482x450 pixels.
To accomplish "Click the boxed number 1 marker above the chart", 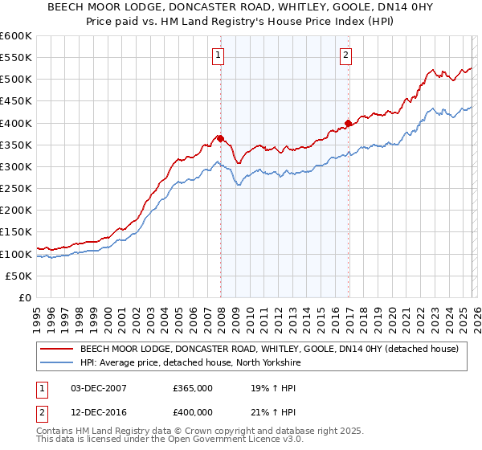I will (x=219, y=55).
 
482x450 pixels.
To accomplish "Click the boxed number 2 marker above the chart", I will (x=345, y=55).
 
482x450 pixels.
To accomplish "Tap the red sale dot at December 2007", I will (x=220, y=138).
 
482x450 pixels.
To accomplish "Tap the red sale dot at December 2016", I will (x=348, y=123).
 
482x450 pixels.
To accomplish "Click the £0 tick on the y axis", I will (x=26, y=298).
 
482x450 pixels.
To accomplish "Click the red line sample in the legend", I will (x=56, y=349).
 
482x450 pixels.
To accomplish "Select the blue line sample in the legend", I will (x=56, y=362).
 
